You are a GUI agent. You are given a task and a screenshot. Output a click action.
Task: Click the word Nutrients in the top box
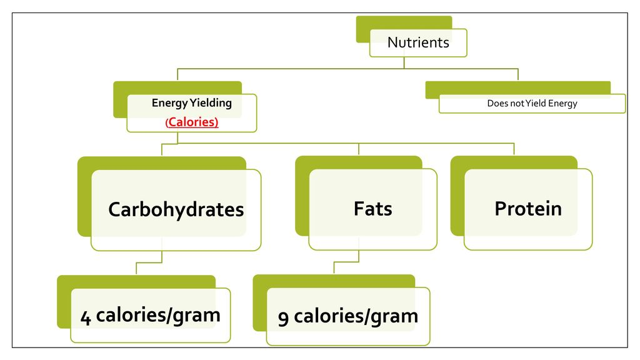pyautogui.click(x=418, y=42)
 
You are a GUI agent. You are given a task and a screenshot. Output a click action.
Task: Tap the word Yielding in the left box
pyautogui.click(x=211, y=103)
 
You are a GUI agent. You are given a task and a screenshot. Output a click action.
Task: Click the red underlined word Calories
pyautogui.click(x=192, y=122)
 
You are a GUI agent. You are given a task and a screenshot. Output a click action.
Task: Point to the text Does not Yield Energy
pyautogui.click(x=532, y=103)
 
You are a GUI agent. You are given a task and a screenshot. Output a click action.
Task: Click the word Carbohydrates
pyautogui.click(x=176, y=210)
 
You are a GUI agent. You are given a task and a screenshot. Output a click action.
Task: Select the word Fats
pyautogui.click(x=372, y=209)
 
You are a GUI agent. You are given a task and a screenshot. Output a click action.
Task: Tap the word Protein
pyautogui.click(x=528, y=209)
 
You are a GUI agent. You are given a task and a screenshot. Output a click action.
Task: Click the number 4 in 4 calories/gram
pyautogui.click(x=85, y=317)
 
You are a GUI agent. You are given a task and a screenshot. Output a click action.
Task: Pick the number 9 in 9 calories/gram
pyautogui.click(x=283, y=317)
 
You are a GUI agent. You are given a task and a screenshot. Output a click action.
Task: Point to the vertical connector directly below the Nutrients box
pyautogui.click(x=404, y=62)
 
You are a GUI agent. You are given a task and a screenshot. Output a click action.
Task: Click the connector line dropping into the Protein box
pyautogui.click(x=514, y=149)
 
